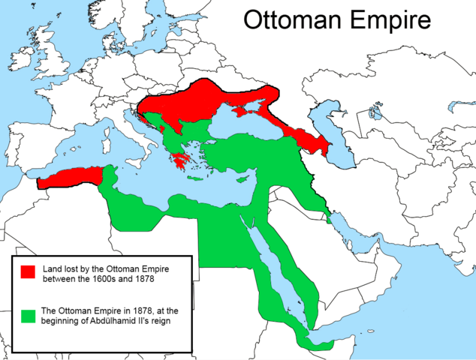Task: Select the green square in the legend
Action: coord(29,316)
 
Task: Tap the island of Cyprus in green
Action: coord(242,181)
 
